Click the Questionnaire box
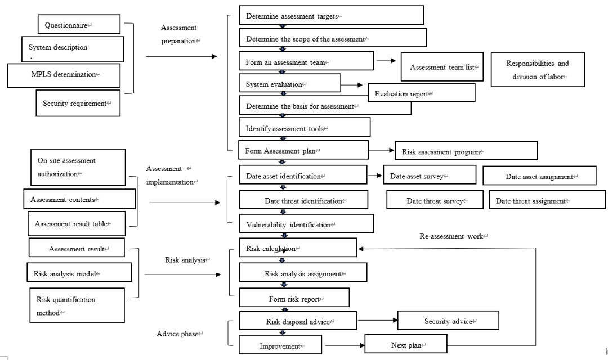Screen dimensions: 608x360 (x=79, y=24)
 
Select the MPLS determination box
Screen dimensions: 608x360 (x=64, y=75)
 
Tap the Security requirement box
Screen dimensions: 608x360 (x=78, y=103)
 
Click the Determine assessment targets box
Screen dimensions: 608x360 (x=331, y=15)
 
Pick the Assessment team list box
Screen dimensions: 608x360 (x=442, y=66)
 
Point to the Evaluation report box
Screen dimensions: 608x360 (x=422, y=93)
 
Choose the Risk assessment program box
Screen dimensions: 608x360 (x=466, y=150)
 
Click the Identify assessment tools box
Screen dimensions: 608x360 (x=305, y=127)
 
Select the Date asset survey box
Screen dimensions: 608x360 (x=430, y=175)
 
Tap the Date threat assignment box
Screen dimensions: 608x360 (x=547, y=200)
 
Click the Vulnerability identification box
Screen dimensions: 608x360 (x=306, y=224)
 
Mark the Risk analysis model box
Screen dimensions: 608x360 (x=79, y=272)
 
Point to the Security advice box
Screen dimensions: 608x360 (x=448, y=320)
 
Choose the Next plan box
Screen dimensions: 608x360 (x=406, y=344)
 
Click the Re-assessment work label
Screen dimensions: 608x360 (x=452, y=236)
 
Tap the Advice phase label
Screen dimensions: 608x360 (x=178, y=334)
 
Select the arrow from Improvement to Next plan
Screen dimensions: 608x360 (x=345, y=345)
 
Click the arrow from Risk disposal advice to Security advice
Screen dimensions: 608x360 (x=378, y=320)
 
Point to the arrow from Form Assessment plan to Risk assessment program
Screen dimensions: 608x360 (x=382, y=150)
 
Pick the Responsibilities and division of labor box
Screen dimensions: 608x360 (x=538, y=70)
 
